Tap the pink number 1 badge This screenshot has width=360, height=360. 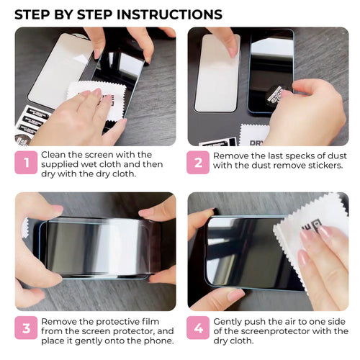[26, 164]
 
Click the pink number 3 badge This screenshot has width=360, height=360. [26, 329]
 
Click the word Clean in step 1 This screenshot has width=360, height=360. [55, 155]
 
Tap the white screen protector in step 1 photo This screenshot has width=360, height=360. [59, 68]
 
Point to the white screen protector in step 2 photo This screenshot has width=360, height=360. [217, 72]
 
